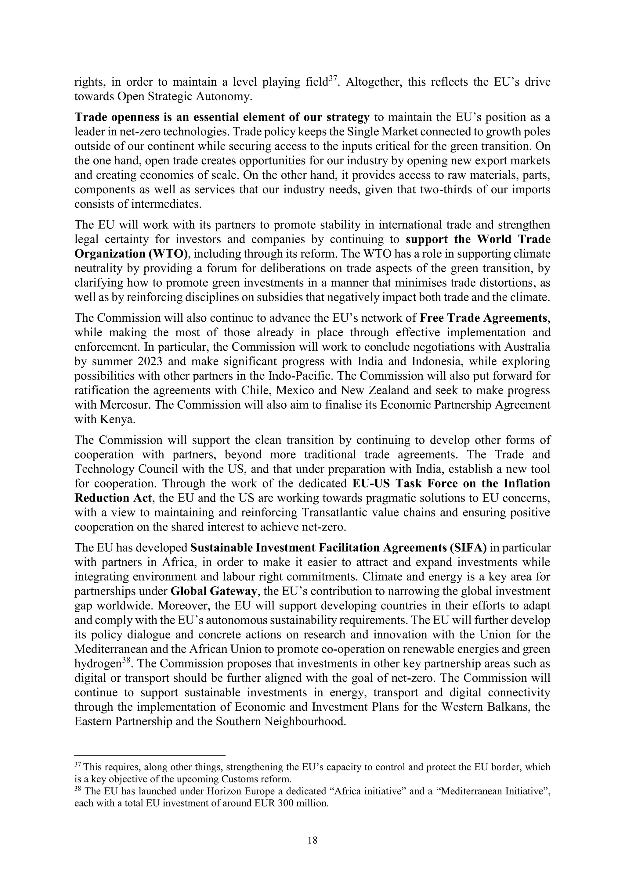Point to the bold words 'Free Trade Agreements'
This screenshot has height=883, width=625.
tap(483, 318)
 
